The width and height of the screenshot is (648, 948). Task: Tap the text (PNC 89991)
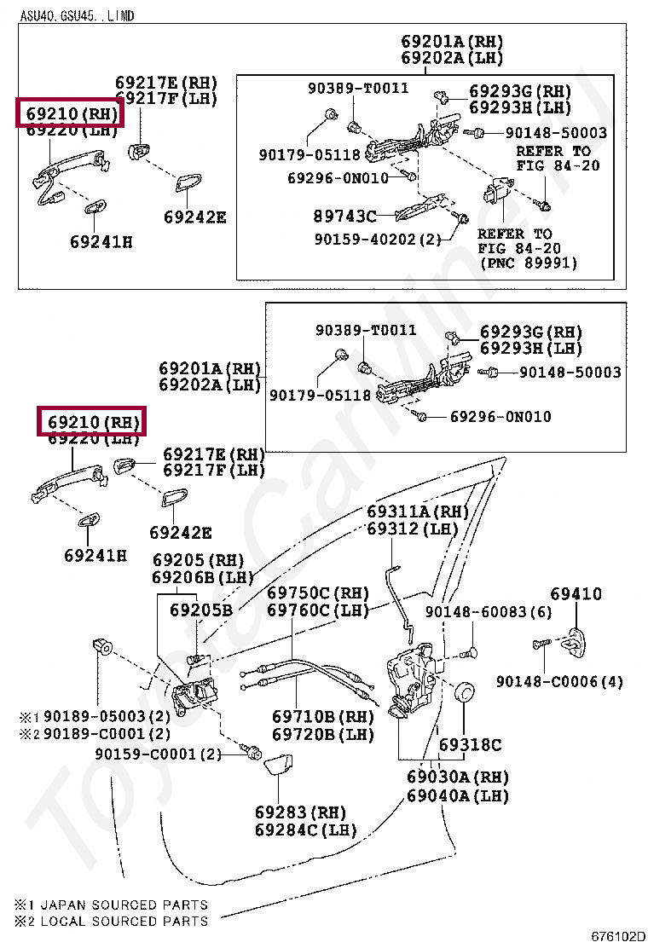pyautogui.click(x=529, y=263)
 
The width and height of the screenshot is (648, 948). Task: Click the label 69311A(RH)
pyautogui.click(x=418, y=512)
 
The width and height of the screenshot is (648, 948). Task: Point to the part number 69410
pyautogui.click(x=576, y=594)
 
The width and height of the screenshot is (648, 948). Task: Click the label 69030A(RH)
pyautogui.click(x=457, y=777)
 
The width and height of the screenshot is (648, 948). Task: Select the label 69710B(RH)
pyautogui.click(x=323, y=717)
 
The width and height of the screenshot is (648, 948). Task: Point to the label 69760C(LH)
pyautogui.click(x=317, y=610)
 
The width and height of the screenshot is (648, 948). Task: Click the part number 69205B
pyautogui.click(x=200, y=610)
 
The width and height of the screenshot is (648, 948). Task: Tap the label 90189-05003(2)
pyautogui.click(x=107, y=716)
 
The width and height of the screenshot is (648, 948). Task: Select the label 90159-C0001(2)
pyautogui.click(x=158, y=754)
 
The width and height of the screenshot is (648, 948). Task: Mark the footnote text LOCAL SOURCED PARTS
pyautogui.click(x=124, y=921)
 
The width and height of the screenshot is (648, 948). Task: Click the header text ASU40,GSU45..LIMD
pyautogui.click(x=78, y=15)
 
